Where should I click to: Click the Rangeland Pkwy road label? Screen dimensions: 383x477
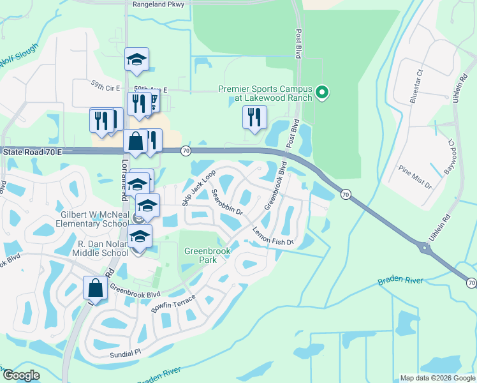pos(158,4)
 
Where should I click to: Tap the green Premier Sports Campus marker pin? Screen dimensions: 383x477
pos(322,93)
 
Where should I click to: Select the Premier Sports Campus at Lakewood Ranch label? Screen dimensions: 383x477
pos(265,93)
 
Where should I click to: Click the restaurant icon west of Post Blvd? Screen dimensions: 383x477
pos(254,117)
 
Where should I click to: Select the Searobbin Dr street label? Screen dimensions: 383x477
pos(228,201)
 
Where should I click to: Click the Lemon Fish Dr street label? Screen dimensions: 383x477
pos(272,236)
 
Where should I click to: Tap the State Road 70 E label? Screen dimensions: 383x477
pos(33,153)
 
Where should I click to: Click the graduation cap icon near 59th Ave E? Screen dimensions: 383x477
pos(136,59)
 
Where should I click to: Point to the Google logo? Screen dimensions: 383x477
pos(22,376)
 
